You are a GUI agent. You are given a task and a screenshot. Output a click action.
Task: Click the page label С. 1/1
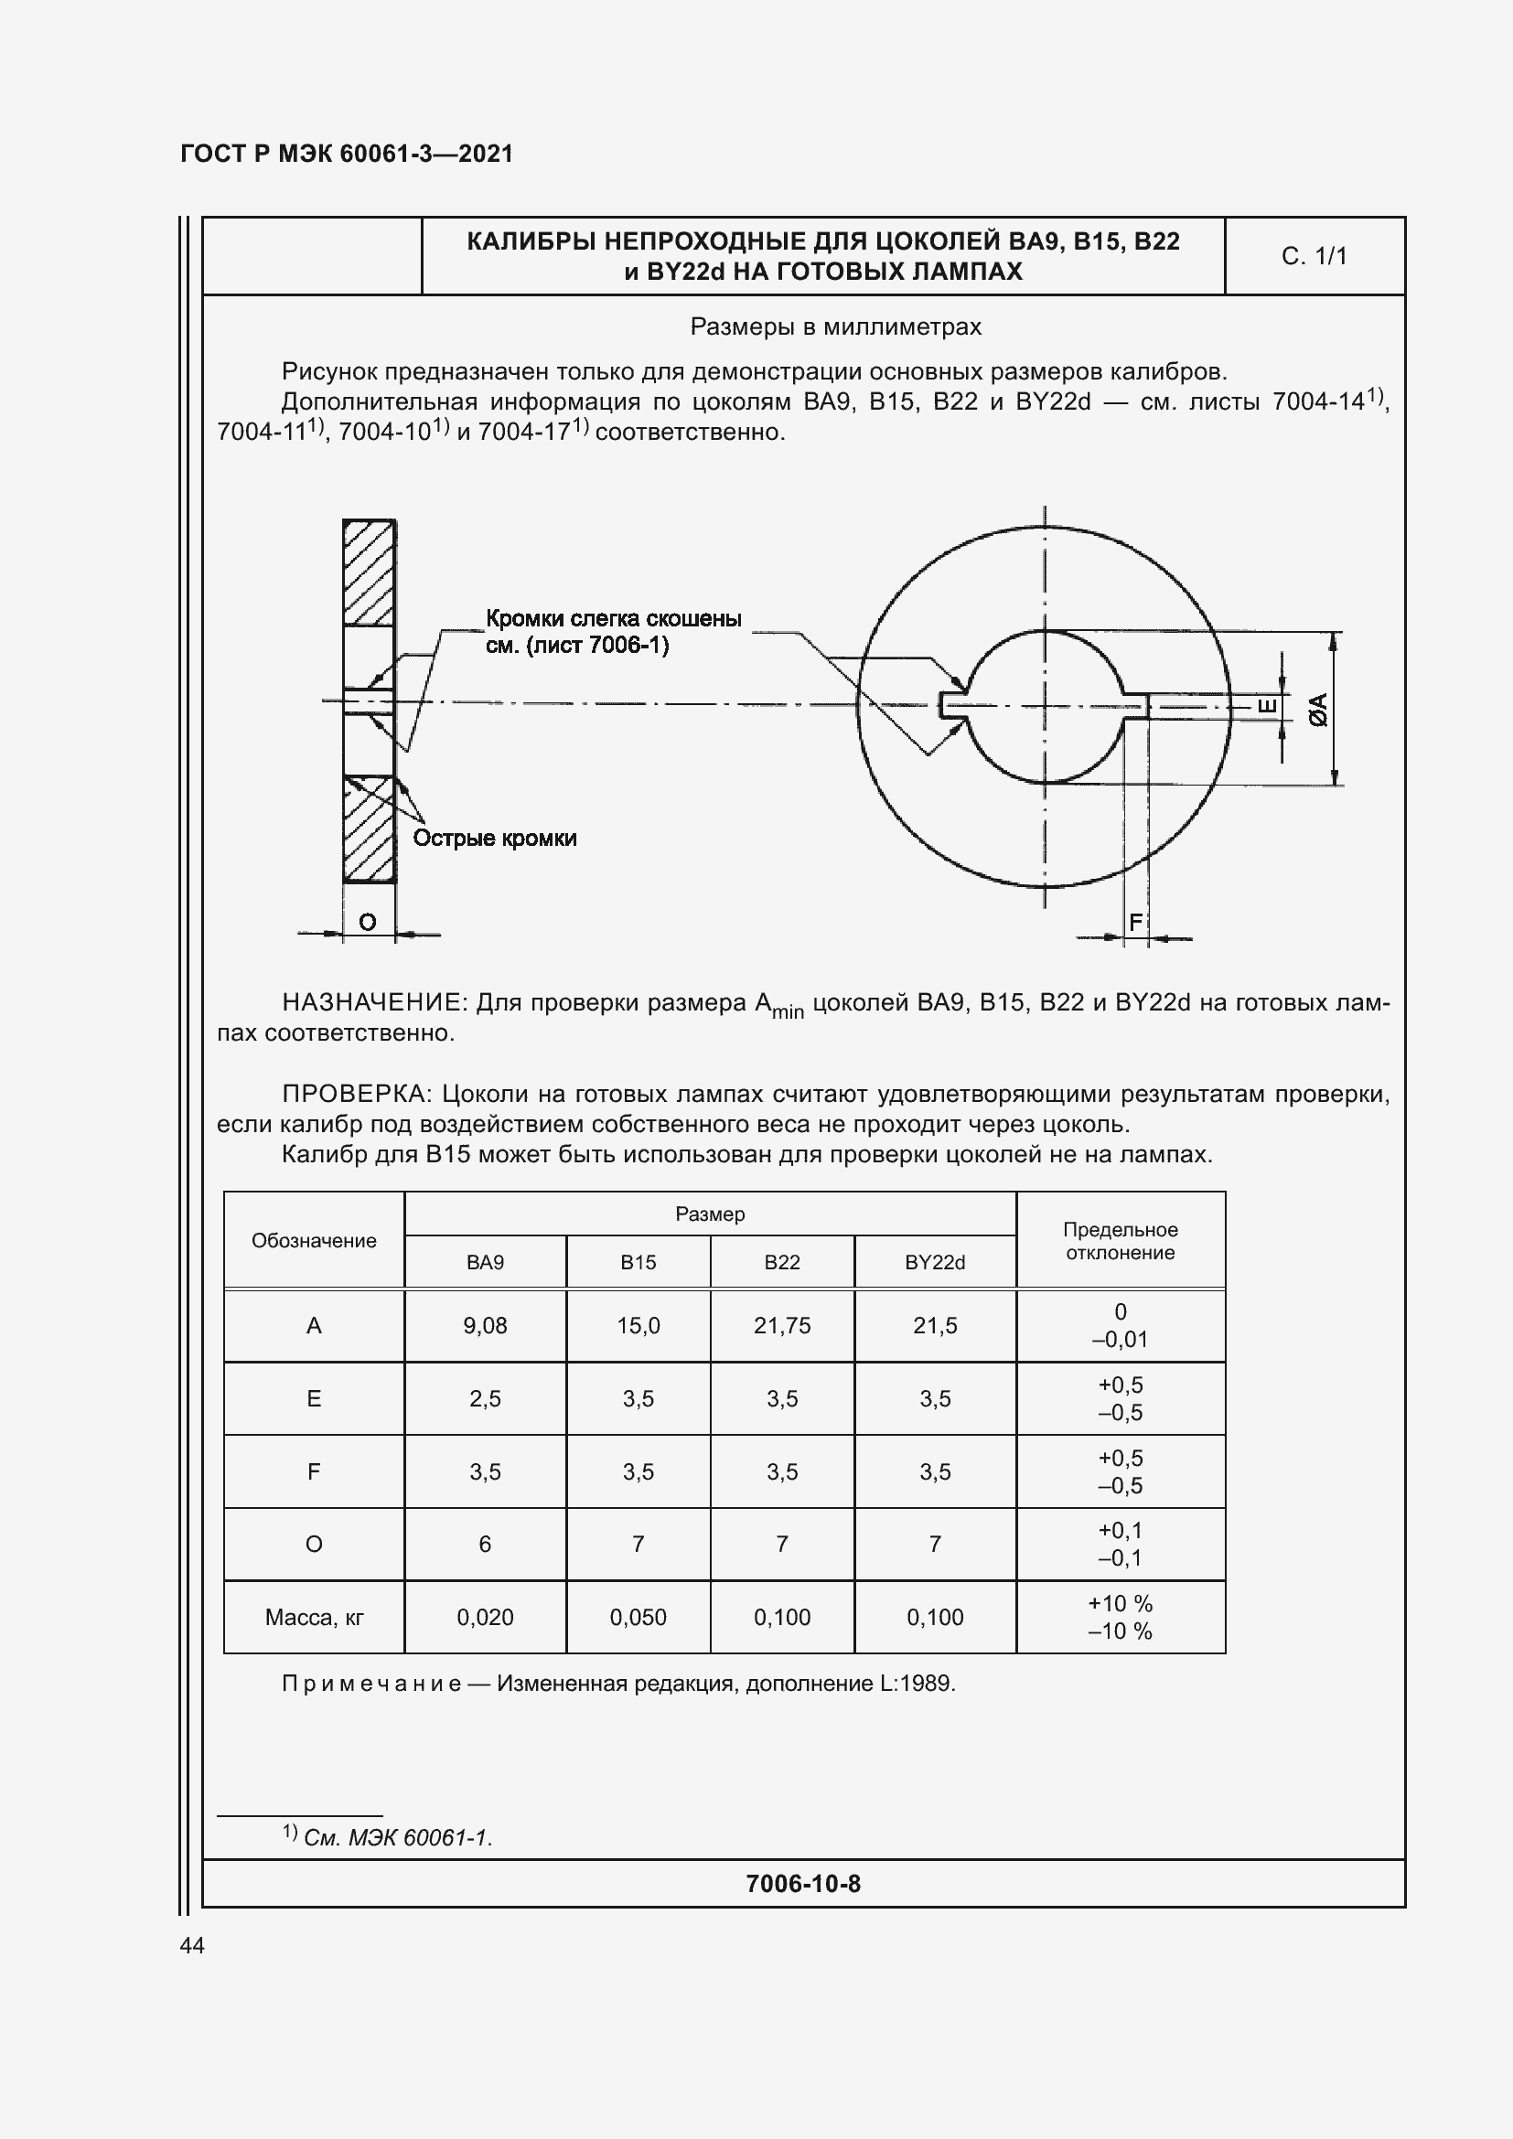1314,256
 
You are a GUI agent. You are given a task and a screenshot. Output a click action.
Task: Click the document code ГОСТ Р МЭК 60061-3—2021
347,154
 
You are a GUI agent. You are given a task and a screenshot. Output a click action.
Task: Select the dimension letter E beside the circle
1268,707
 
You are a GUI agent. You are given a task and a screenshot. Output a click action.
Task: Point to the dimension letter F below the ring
1134,923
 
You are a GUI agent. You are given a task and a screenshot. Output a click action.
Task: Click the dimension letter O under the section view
367,923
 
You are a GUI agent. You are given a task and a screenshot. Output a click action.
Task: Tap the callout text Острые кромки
495,839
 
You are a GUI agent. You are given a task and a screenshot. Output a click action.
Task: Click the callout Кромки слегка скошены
613,619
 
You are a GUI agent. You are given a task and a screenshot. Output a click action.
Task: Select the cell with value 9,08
485,1326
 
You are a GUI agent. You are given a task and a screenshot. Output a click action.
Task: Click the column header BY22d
935,1262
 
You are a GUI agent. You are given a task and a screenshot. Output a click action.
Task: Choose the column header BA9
485,1262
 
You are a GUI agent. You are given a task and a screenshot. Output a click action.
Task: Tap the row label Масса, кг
314,1618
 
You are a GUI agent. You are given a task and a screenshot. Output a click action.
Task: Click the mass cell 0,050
638,1618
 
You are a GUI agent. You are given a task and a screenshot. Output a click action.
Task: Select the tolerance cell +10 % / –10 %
1120,1618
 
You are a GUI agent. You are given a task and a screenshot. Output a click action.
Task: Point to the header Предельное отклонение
1120,1241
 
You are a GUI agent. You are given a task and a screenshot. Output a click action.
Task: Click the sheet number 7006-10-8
803,1884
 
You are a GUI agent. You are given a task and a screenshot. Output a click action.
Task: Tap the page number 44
192,1945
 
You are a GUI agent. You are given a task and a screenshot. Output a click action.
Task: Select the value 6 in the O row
485,1545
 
